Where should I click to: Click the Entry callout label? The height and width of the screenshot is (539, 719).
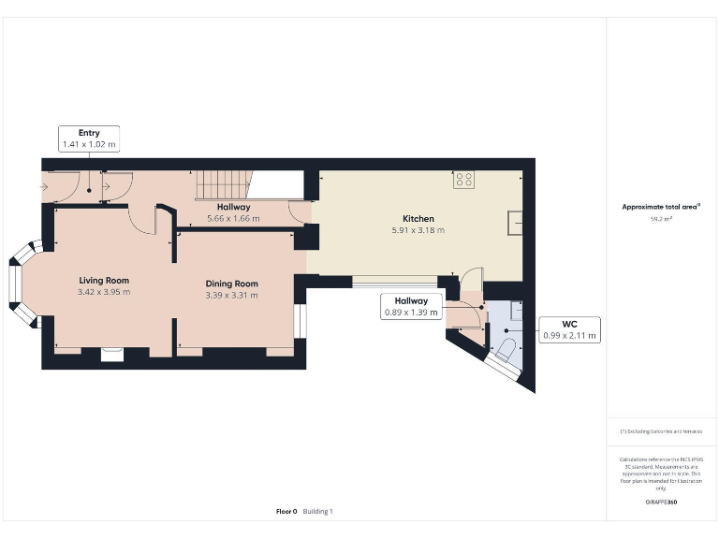pos(89,138)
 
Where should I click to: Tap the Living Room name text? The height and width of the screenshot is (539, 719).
pos(104,281)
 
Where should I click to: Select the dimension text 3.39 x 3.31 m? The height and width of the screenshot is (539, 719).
pos(231,295)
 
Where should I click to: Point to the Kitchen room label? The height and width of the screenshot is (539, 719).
pos(418,219)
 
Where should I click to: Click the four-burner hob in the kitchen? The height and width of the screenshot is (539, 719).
pos(462,180)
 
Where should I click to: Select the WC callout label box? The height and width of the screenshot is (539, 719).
pos(568,329)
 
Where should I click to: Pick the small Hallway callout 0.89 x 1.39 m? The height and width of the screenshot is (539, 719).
pos(410,306)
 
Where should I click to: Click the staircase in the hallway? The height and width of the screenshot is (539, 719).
pos(222,184)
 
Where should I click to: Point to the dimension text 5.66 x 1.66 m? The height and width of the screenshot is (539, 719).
pos(233,218)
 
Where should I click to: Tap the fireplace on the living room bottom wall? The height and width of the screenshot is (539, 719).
pos(111,353)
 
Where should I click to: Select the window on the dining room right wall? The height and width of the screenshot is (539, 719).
pos(300,320)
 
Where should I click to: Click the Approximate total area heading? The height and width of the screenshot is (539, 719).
pos(661,206)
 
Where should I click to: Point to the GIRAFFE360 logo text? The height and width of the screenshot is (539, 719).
pos(661,503)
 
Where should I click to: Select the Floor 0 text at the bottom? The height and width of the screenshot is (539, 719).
pos(286,511)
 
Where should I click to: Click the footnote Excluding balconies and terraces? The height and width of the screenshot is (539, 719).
pos(661,431)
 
